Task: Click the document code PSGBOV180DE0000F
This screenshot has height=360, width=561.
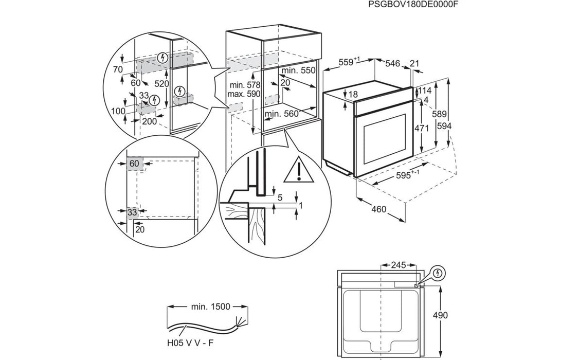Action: coord(413,5)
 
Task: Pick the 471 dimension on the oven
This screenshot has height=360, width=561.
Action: coord(422,129)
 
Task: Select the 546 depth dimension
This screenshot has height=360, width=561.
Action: coord(392,63)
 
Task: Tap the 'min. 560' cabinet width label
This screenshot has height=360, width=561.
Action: coord(281,114)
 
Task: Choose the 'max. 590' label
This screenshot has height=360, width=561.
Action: coord(245,94)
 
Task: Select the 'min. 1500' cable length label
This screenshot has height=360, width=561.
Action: coord(209,307)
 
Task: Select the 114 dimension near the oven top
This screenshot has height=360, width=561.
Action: coord(425,90)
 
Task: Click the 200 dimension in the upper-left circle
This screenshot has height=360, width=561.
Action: coord(149,121)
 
